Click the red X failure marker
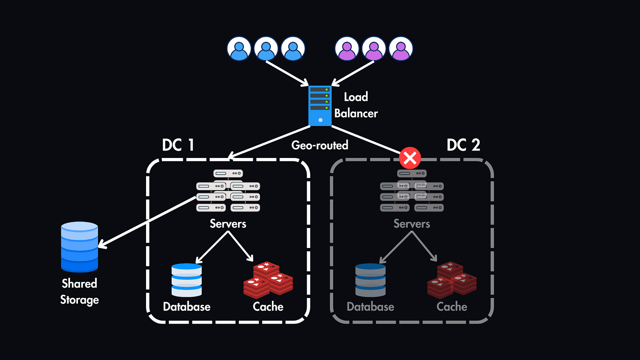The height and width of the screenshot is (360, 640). pyautogui.click(x=410, y=158)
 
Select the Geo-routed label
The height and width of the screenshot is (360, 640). pyautogui.click(x=320, y=145)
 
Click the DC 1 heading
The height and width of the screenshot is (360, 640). pyautogui.click(x=178, y=145)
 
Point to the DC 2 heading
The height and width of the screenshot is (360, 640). pyautogui.click(x=463, y=145)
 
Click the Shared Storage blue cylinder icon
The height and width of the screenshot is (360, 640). pyautogui.click(x=80, y=247)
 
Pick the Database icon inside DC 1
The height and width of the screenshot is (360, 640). pyautogui.click(x=186, y=280)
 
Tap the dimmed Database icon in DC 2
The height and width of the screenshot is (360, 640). pyautogui.click(x=370, y=280)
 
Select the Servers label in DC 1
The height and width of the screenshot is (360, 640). pyautogui.click(x=228, y=224)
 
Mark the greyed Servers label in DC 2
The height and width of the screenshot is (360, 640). pyautogui.click(x=412, y=224)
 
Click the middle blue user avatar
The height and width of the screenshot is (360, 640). pyautogui.click(x=266, y=49)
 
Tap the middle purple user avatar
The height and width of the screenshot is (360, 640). pyautogui.click(x=374, y=49)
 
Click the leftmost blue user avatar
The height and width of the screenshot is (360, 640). pyautogui.click(x=239, y=49)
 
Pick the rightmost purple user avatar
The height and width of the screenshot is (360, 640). pyautogui.click(x=401, y=49)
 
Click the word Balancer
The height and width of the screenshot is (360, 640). pyautogui.click(x=356, y=114)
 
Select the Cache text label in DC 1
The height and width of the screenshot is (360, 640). pyautogui.click(x=268, y=307)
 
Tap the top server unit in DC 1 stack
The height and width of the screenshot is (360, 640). pyautogui.click(x=228, y=174)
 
